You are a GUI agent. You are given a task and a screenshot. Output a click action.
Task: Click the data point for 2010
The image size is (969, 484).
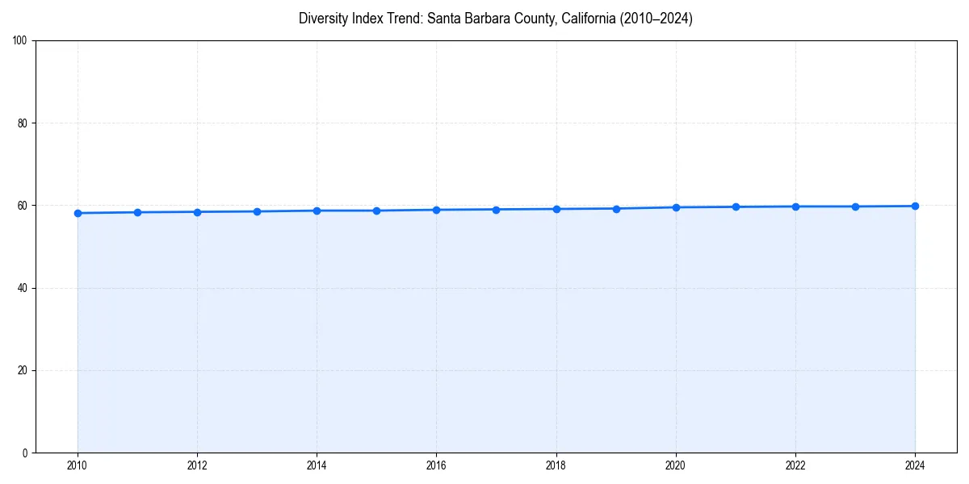tap(78, 213)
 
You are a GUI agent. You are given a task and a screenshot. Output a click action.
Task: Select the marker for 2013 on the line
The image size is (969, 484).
tap(257, 211)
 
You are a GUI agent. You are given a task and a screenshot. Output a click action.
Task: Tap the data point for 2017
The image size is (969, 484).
tap(496, 210)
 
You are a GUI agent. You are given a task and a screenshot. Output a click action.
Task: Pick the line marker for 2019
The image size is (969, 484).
tap(616, 209)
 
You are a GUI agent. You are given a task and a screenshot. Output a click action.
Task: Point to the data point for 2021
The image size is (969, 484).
tap(736, 207)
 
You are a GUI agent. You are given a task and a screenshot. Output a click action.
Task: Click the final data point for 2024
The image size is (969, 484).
tap(915, 206)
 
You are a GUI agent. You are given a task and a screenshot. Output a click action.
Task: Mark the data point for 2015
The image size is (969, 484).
tap(376, 211)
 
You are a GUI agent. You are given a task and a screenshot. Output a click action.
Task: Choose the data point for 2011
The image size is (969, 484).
tap(137, 212)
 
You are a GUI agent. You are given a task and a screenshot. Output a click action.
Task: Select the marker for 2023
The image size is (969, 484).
tap(855, 207)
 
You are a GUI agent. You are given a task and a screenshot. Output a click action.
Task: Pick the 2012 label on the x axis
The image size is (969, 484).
tap(197, 465)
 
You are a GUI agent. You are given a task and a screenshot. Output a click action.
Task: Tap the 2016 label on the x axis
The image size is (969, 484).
tap(436, 465)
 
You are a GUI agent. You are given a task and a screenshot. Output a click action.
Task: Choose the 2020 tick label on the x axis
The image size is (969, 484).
tap(676, 465)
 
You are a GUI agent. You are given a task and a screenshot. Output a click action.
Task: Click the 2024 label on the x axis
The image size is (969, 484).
tap(915, 465)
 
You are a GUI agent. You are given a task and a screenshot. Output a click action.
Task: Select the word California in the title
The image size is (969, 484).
tap(586, 19)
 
